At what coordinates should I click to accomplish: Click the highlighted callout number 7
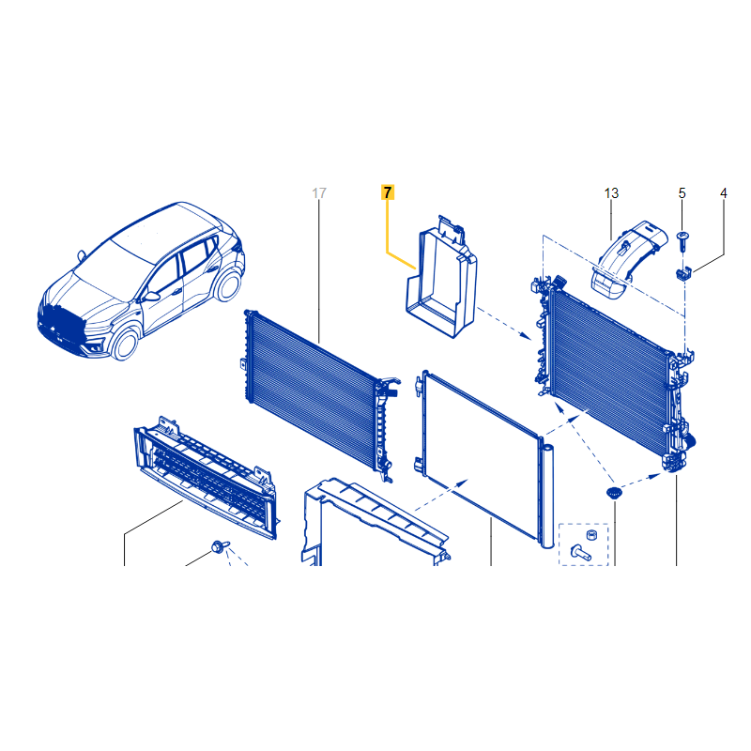[388, 192]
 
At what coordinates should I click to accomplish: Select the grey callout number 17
[319, 193]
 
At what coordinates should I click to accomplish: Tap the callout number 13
[611, 193]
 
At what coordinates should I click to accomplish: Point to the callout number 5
[682, 193]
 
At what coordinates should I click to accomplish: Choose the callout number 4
[723, 193]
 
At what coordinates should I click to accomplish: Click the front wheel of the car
[126, 344]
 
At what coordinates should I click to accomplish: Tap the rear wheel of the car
[228, 285]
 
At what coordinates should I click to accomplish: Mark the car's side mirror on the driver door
[152, 297]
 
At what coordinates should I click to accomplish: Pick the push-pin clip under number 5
[682, 242]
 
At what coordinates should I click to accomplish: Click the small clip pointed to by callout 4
[683, 274]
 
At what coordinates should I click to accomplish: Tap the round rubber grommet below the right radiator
[614, 493]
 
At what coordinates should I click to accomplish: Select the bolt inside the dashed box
[581, 552]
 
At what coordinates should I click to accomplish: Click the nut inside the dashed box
[591, 534]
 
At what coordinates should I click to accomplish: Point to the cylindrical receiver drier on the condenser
[547, 497]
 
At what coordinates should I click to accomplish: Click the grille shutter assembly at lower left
[206, 476]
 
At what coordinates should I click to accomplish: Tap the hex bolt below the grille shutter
[220, 546]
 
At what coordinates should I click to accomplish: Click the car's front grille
[62, 320]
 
